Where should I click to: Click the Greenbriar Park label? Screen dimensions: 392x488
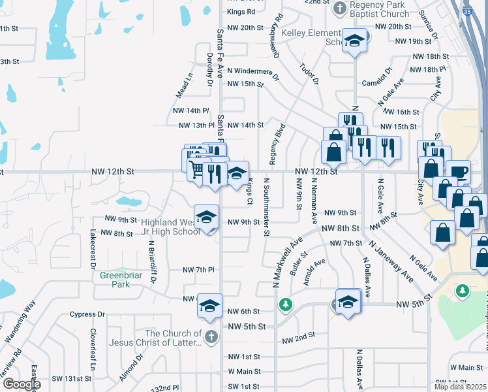coord(121,280)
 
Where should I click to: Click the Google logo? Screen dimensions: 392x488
coord(21,384)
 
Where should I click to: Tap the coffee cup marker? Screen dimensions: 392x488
coord(459,171)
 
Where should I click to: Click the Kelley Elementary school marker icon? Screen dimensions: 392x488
coord(354,41)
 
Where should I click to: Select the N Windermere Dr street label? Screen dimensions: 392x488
coord(252,72)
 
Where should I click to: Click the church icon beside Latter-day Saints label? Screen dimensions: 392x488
coord(210,337)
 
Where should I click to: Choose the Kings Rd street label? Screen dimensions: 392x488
coord(241,12)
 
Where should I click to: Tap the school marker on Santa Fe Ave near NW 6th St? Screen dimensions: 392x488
coord(209,306)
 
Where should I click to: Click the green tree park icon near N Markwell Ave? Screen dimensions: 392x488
coord(285,304)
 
